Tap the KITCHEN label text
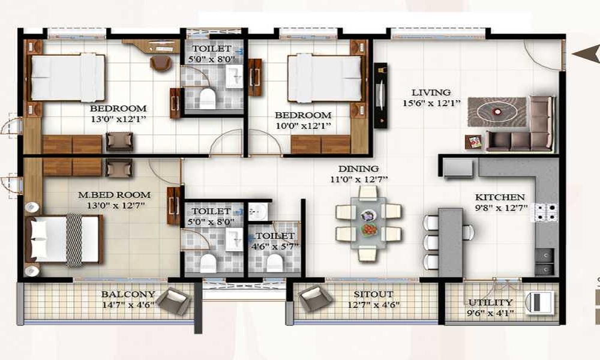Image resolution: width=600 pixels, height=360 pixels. coord(500,197)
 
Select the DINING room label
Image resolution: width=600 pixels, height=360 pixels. coord(359,169)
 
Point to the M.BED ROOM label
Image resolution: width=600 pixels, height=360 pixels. coord(115,195)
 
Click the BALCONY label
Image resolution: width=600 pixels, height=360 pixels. coord(128,294)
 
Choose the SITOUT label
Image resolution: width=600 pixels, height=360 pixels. coord(373,294)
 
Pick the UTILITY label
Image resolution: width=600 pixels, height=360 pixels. coord(490,302)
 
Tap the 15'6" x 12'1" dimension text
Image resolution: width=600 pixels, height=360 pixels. coord(431,103)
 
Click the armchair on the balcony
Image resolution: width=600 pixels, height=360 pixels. coord(174,301)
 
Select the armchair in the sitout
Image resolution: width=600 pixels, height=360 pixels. coord(315,298)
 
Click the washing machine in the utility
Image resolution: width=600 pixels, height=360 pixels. coord(539,303)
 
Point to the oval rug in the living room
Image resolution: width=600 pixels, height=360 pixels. coord(497,112)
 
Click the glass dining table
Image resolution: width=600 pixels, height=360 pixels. coord(368,223)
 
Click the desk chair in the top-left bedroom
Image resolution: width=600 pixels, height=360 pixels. coord(160,63)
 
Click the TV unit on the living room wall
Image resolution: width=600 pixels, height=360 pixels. coord(381,95)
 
